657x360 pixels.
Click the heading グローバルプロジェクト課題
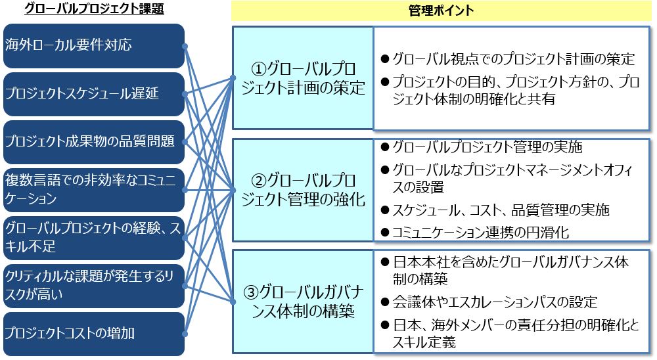[x=94, y=9]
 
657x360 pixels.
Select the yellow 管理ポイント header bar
[x=442, y=11]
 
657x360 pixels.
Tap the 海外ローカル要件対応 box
[x=94, y=46]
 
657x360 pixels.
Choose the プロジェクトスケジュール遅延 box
[x=94, y=94]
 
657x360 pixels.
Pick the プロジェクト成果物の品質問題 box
[x=94, y=142]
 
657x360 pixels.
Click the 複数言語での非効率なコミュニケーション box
[x=94, y=190]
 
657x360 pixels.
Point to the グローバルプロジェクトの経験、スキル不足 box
[x=94, y=238]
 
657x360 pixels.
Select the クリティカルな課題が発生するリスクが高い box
[x=94, y=286]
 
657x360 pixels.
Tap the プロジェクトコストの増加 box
[x=94, y=334]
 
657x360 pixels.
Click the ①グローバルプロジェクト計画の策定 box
[x=303, y=78]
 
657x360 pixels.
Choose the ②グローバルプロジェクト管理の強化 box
[x=303, y=190]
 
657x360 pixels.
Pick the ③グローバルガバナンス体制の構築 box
[x=303, y=302]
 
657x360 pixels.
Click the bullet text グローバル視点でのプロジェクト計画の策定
[x=514, y=58]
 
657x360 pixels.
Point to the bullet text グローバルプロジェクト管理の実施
[x=487, y=146]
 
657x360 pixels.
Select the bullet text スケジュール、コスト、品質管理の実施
[x=501, y=210]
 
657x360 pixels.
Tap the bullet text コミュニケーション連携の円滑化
[x=481, y=232]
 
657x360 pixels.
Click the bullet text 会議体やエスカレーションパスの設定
[x=495, y=302]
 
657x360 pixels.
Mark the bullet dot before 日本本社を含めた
[x=385, y=263]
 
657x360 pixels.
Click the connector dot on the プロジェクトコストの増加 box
[x=185, y=334]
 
